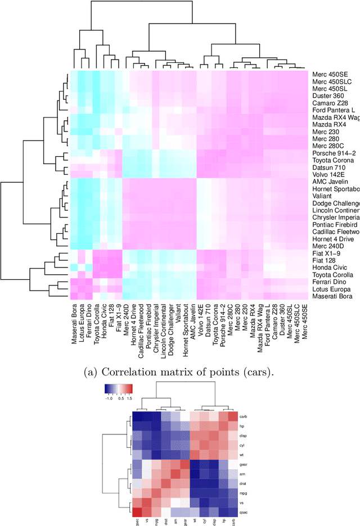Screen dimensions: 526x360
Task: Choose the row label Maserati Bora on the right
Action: [333, 296]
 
